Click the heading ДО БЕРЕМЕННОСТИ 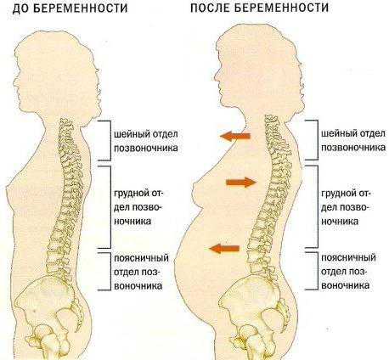[70, 8]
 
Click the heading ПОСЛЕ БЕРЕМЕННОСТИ [259, 8]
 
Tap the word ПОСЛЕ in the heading [211, 8]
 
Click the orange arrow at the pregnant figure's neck [235, 137]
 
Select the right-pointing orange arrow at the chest [241, 183]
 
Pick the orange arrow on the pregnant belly [224, 249]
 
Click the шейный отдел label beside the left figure [146, 141]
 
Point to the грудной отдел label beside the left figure [138, 207]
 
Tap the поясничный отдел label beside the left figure [141, 272]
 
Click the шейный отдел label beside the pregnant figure [353, 140]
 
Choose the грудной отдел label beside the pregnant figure [346, 207]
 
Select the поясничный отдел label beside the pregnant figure [348, 271]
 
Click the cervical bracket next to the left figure [110, 140]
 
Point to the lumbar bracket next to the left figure [110, 271]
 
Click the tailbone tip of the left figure [76, 331]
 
